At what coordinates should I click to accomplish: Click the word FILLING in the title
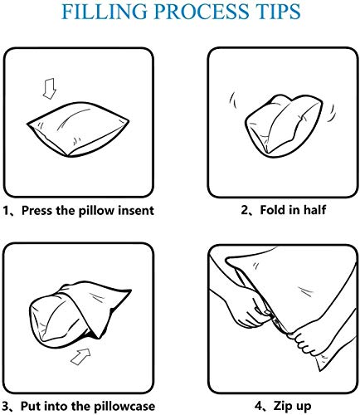105,12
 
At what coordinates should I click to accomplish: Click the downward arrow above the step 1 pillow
50,89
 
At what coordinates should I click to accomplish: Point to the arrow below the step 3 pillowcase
80,356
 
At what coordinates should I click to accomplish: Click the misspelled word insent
136,211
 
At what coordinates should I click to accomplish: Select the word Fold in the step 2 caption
272,210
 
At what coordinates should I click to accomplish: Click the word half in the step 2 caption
315,210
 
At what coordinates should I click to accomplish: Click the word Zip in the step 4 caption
281,406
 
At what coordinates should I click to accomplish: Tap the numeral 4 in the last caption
259,406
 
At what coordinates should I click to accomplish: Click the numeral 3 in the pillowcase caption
5,407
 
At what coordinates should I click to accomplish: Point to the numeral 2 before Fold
245,210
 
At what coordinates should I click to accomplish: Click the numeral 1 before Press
6,211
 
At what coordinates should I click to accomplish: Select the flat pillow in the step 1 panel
78,129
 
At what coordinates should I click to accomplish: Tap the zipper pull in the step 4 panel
276,322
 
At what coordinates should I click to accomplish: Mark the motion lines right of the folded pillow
331,113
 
